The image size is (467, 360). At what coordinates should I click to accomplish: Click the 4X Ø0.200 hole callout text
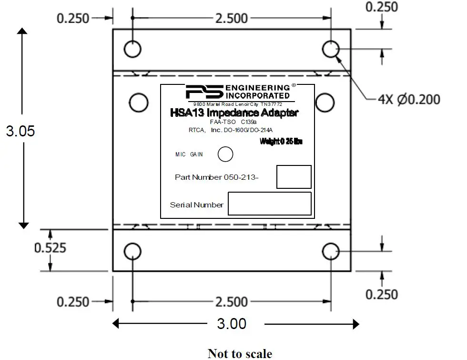(x=409, y=99)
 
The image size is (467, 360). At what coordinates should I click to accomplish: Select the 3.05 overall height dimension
(x=20, y=131)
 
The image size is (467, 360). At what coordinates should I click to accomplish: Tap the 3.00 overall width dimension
(x=232, y=324)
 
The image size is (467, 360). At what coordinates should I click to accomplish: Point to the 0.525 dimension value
(x=50, y=248)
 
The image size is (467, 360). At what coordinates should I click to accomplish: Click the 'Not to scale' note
(x=240, y=353)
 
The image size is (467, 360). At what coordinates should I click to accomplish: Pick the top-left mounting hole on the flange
(x=132, y=49)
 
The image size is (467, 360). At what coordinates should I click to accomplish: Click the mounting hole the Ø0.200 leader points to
(x=330, y=49)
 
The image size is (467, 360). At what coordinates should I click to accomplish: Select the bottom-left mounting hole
(x=132, y=251)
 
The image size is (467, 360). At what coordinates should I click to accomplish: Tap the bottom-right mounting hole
(x=330, y=251)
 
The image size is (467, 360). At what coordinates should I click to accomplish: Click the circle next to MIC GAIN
(x=225, y=154)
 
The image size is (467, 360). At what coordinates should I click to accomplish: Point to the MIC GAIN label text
(x=190, y=154)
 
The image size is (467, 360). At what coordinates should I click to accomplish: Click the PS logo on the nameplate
(x=203, y=92)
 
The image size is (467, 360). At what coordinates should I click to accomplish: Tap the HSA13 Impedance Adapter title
(x=234, y=113)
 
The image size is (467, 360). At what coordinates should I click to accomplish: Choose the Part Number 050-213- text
(x=219, y=177)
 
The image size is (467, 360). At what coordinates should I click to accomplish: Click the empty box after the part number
(x=294, y=177)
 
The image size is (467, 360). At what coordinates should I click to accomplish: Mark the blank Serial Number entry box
(x=269, y=204)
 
